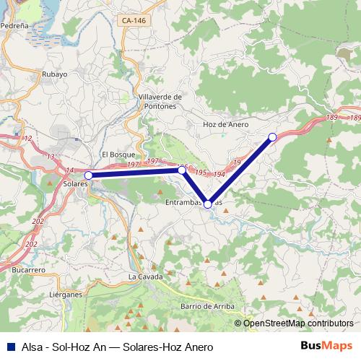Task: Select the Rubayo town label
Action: [x=54, y=74]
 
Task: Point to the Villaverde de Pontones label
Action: [x=157, y=102]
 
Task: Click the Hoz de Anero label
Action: [x=225, y=124]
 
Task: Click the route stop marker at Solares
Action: [x=88, y=175]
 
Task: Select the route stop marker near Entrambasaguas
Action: [x=208, y=204]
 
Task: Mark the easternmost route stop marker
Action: [x=272, y=136]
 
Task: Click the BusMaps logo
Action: [x=326, y=345]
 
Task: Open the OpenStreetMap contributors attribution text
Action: [x=298, y=323]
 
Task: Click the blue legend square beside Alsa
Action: [x=9, y=346]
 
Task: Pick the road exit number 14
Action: [x=70, y=170]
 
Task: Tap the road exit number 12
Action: [x=28, y=137]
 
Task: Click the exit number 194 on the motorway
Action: [x=219, y=175]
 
